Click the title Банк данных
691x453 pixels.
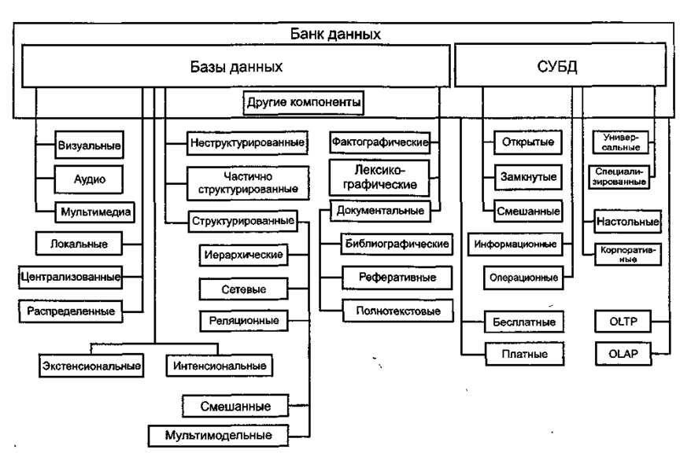coord(347,35)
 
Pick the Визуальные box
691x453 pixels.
coord(91,145)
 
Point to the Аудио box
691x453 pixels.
coord(91,179)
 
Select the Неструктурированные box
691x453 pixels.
coord(247,143)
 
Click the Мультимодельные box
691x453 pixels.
coord(218,433)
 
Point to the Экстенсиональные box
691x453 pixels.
coord(91,366)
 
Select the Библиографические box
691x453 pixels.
coord(396,244)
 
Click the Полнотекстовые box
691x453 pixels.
coord(391,311)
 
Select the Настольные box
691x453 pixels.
coord(626,223)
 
